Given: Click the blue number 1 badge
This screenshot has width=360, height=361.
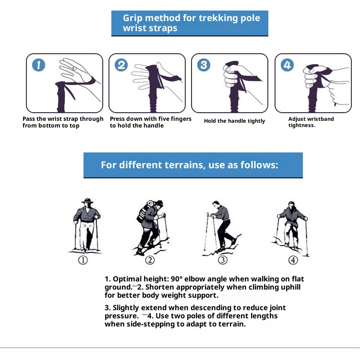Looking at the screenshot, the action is click(x=38, y=65).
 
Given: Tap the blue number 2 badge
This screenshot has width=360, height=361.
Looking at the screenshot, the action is click(x=121, y=65).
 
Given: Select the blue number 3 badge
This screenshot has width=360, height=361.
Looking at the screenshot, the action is click(x=204, y=65).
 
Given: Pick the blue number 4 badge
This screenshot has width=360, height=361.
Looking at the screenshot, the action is click(x=287, y=65).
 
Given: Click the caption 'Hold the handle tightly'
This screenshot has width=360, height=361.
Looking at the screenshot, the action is click(x=234, y=121).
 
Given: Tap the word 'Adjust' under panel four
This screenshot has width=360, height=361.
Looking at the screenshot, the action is click(x=297, y=119).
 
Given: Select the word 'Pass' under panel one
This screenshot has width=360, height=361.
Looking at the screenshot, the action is click(x=29, y=119).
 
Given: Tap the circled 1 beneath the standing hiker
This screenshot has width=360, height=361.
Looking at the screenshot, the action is click(x=83, y=260).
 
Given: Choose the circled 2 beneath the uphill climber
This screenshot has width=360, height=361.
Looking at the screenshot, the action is click(x=150, y=260).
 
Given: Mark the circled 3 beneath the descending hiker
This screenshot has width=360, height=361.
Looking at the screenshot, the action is click(x=223, y=260).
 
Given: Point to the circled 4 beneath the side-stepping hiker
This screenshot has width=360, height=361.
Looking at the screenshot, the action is click(x=293, y=260).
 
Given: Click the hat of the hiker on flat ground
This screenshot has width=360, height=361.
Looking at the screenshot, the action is click(x=87, y=200).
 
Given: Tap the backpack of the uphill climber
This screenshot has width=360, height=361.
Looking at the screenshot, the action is click(x=144, y=212).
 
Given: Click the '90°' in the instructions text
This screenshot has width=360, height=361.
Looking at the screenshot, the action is click(x=177, y=279).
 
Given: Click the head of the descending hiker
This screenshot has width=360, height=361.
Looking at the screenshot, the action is click(x=216, y=204).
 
